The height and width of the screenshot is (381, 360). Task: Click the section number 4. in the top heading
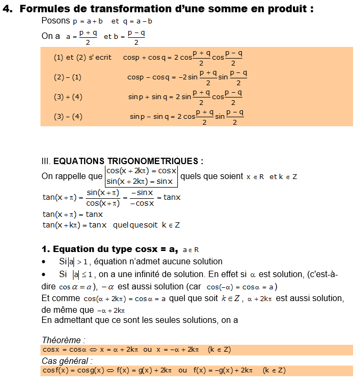click(9, 8)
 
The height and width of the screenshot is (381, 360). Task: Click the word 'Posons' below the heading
click(55, 20)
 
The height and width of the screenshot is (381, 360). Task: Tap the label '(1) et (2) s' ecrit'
click(83, 58)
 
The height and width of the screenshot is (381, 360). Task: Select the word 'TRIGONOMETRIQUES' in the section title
click(159, 161)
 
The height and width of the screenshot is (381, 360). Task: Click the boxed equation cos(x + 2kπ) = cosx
click(141, 171)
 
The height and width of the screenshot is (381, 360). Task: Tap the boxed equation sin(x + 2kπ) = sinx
click(140, 181)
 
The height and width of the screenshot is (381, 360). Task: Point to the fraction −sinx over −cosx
click(142, 198)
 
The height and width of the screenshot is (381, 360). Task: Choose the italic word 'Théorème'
click(63, 340)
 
